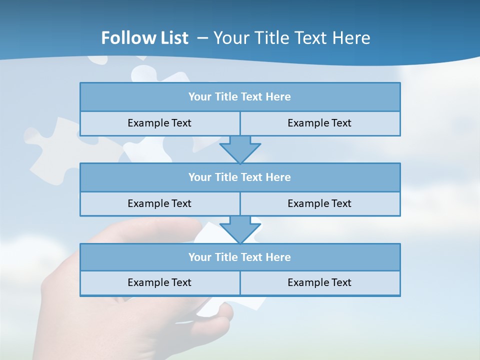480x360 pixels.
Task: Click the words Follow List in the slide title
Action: (145, 38)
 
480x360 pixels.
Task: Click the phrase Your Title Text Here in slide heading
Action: (292, 38)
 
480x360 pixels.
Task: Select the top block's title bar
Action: (240, 97)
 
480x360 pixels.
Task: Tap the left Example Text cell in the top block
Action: (159, 123)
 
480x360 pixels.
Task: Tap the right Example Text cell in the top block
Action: (319, 123)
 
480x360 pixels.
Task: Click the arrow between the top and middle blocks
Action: (240, 149)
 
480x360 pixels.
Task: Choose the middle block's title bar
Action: (240, 177)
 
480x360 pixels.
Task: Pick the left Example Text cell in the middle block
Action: (159, 204)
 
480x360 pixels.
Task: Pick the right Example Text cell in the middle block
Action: (319, 204)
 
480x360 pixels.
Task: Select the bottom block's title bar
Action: (240, 257)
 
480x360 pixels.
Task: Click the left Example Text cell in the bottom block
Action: (159, 283)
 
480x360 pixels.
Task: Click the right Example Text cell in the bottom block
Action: (319, 283)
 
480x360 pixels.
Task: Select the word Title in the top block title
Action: (226, 97)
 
